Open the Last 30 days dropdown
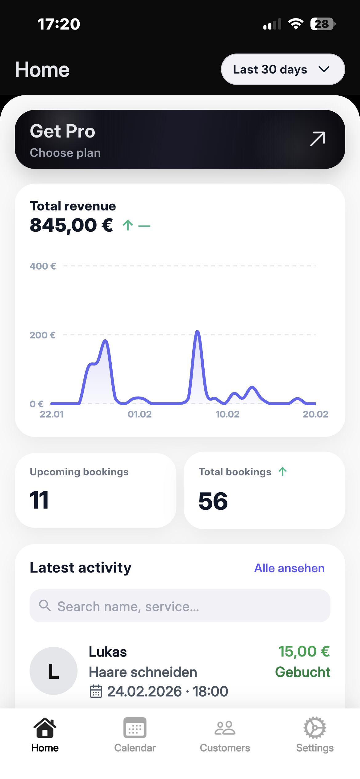pyautogui.click(x=283, y=69)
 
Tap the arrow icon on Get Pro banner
pyautogui.click(x=318, y=139)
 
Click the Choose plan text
pyautogui.click(x=65, y=153)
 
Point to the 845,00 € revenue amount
pyautogui.click(x=71, y=225)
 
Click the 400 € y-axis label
pyautogui.click(x=43, y=266)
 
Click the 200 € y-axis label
pyautogui.click(x=42, y=335)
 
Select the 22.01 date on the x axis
pyautogui.click(x=52, y=414)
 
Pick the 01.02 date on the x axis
pyautogui.click(x=140, y=414)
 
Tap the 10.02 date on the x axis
pyautogui.click(x=227, y=414)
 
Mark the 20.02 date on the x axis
pyautogui.click(x=315, y=414)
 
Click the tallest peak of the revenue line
pyautogui.click(x=198, y=332)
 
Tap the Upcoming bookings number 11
pyautogui.click(x=39, y=500)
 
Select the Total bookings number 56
pyautogui.click(x=213, y=501)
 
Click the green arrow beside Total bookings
pyautogui.click(x=282, y=471)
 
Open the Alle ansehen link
pyautogui.click(x=289, y=568)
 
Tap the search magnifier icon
pyautogui.click(x=45, y=605)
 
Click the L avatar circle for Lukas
pyautogui.click(x=53, y=671)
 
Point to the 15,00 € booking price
pyautogui.click(x=304, y=651)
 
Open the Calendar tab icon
pyautogui.click(x=135, y=728)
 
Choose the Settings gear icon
pyautogui.click(x=315, y=728)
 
